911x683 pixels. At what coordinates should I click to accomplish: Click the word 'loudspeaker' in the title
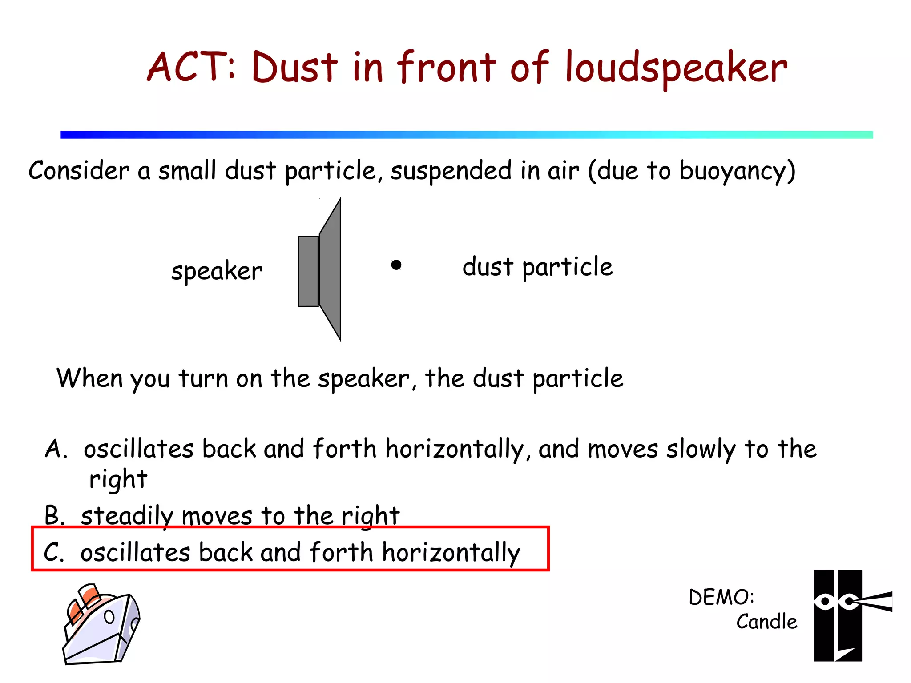676,68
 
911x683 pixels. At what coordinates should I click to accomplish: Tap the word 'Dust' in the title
294,68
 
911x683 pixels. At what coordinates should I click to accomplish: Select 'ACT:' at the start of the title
192,68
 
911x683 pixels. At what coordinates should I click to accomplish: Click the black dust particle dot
396,265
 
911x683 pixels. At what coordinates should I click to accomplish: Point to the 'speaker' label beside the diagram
217,271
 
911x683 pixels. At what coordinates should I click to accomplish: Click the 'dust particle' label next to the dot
537,267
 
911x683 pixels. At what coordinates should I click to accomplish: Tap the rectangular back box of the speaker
308,271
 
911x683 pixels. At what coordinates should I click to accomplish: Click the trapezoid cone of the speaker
331,269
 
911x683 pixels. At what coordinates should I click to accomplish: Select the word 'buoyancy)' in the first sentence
737,171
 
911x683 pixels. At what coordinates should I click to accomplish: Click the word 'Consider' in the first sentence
79,170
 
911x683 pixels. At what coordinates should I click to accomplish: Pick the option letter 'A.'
56,449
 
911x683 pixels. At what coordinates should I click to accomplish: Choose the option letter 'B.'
55,516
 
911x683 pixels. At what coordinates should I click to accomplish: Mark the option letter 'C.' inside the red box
54,553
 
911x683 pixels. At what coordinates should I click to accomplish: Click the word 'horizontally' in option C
451,553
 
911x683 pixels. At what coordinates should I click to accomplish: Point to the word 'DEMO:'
721,597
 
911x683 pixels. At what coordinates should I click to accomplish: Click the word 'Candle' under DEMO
766,622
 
